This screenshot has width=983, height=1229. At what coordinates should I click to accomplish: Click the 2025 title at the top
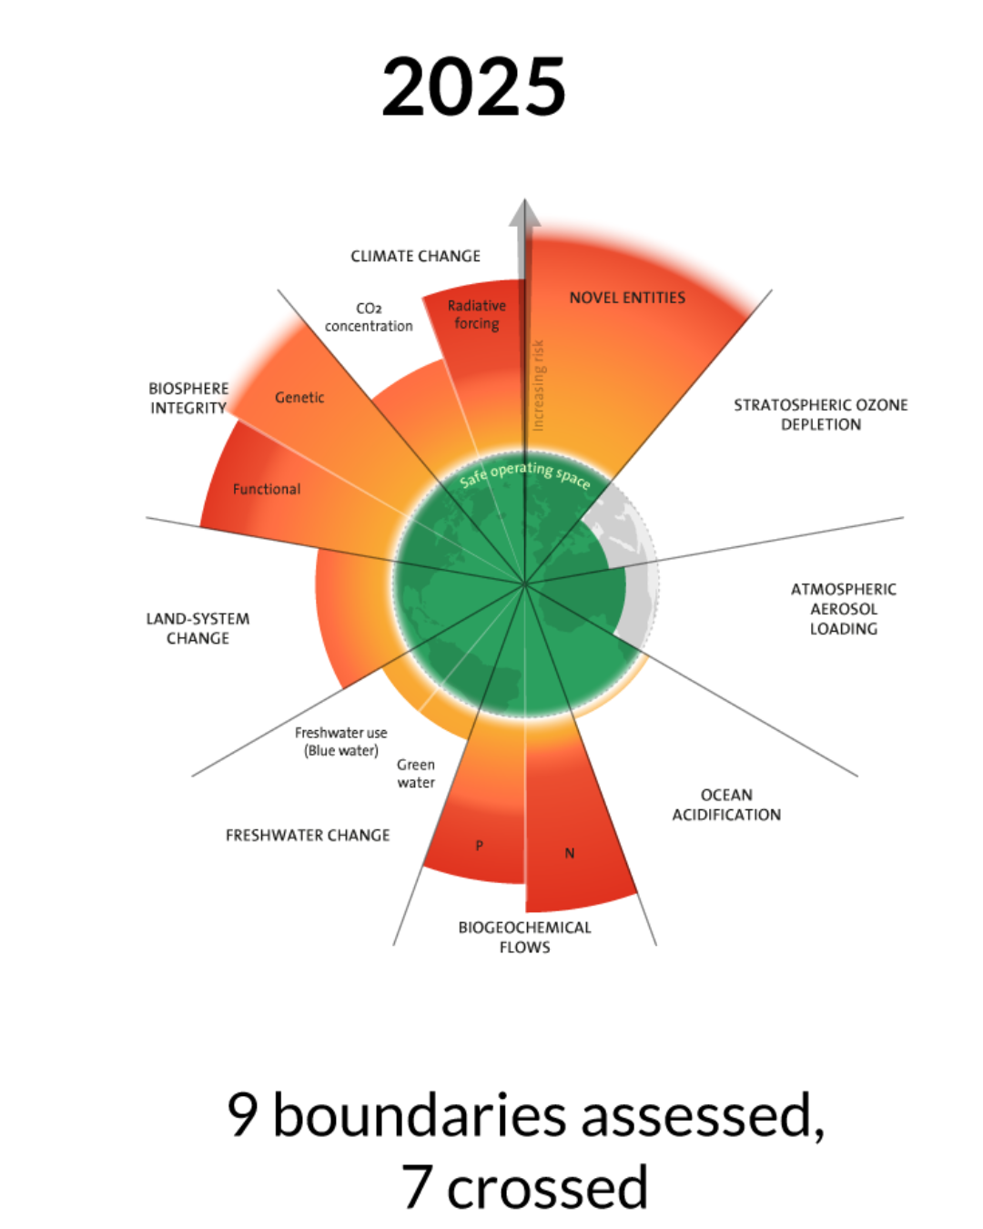[x=473, y=86]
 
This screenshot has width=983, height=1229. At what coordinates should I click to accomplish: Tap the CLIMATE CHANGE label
[x=415, y=256]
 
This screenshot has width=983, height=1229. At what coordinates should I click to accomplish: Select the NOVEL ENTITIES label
[x=627, y=298]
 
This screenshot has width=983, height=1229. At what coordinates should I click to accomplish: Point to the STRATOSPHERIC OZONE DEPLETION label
[x=820, y=414]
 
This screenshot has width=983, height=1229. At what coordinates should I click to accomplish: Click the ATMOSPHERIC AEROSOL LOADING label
[x=843, y=609]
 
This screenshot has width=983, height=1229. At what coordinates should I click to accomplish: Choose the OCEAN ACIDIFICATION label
[x=726, y=805]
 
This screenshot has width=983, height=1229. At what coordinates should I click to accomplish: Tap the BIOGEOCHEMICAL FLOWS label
[x=524, y=937]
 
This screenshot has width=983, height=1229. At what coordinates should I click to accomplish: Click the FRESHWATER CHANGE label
[x=308, y=836]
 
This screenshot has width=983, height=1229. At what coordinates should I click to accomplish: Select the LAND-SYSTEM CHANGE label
[x=198, y=628]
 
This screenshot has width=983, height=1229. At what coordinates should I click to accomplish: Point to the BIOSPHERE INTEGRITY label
[x=188, y=398]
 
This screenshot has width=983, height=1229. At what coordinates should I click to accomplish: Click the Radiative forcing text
[x=476, y=315]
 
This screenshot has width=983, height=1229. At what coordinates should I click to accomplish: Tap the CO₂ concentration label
[x=369, y=317]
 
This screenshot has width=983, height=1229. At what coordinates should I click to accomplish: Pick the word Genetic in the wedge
[x=299, y=398]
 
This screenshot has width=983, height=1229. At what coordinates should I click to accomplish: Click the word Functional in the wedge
[x=266, y=489]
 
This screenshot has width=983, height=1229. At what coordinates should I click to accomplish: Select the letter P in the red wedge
[x=480, y=845]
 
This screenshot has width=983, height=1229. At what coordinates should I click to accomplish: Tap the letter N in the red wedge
[x=569, y=853]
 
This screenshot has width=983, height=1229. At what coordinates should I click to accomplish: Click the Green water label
[x=416, y=773]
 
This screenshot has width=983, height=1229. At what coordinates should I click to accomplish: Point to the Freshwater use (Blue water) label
[x=341, y=741]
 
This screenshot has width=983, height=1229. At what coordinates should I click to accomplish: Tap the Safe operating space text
[x=524, y=474]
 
